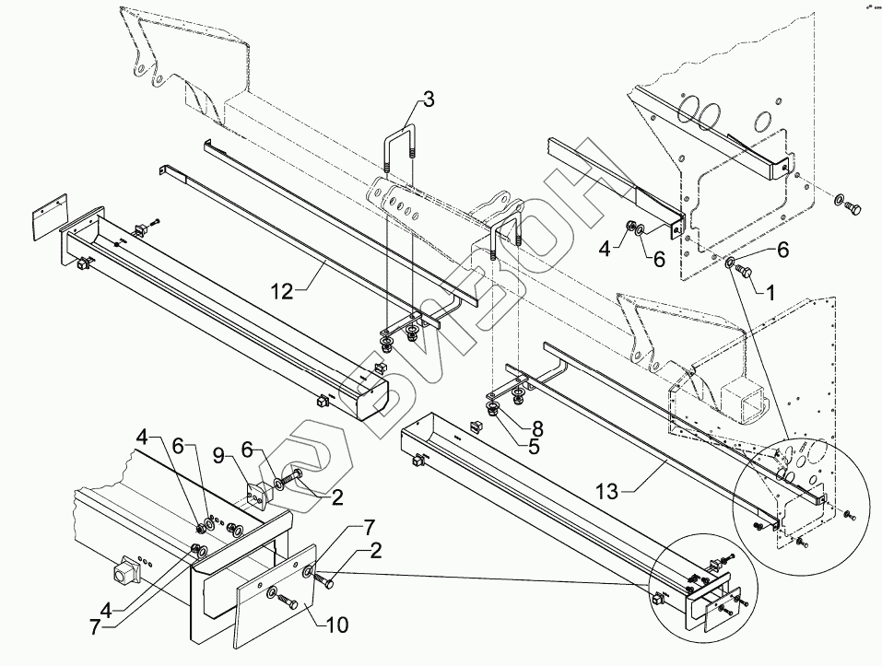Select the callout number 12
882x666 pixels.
(281, 292)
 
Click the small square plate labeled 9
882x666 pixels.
(259, 492)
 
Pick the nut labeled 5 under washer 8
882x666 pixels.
(495, 411)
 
